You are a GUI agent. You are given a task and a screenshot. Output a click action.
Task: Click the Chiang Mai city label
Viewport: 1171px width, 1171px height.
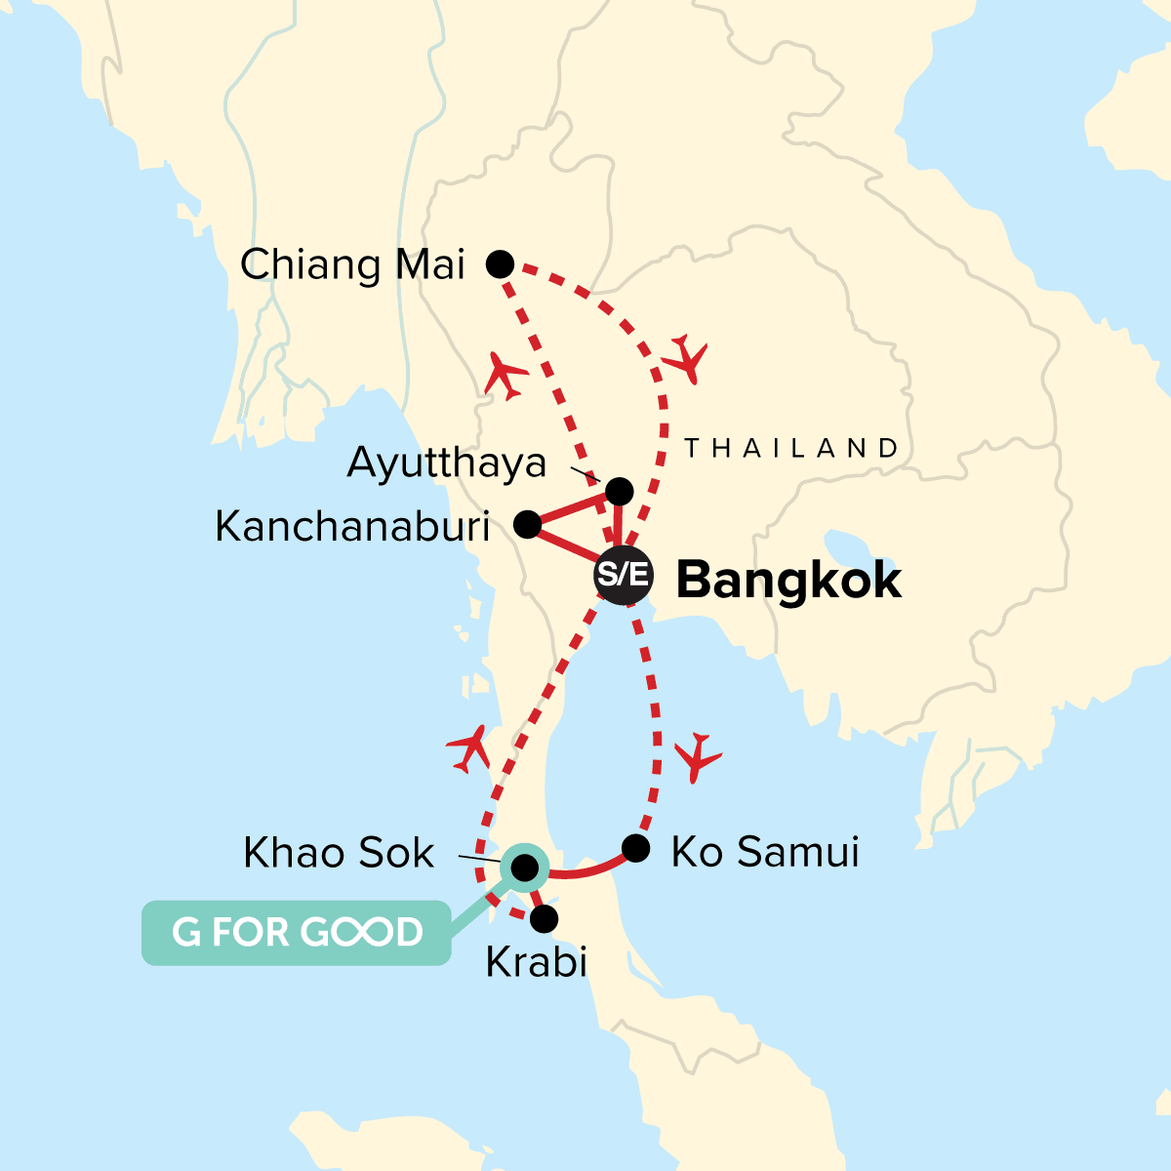(x=352, y=264)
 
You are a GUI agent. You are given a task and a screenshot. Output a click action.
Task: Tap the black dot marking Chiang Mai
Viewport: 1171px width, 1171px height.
(x=500, y=263)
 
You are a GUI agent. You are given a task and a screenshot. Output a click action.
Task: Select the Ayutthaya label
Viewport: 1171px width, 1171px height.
(x=446, y=463)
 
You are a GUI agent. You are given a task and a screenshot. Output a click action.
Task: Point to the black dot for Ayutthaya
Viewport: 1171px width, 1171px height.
(x=620, y=490)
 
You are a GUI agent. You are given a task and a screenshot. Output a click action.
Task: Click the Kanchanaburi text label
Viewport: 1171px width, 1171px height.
(x=352, y=527)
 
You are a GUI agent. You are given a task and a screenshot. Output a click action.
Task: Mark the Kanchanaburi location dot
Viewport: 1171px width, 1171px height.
(x=527, y=525)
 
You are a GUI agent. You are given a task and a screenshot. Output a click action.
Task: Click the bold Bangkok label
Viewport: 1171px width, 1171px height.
(x=788, y=581)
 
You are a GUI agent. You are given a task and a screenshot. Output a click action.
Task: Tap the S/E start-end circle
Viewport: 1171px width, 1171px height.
(x=623, y=575)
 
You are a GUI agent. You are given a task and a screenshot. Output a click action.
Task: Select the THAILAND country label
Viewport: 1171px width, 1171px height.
(x=790, y=449)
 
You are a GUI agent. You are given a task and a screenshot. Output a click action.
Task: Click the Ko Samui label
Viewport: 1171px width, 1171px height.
(x=765, y=852)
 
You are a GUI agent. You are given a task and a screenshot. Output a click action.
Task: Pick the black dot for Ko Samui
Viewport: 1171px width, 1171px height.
(x=635, y=848)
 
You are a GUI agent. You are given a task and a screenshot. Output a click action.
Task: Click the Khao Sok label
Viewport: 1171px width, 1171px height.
(x=339, y=853)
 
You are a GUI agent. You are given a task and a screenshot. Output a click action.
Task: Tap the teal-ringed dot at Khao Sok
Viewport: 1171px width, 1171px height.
(x=524, y=868)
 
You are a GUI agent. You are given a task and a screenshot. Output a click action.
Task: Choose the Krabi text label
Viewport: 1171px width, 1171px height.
(x=536, y=963)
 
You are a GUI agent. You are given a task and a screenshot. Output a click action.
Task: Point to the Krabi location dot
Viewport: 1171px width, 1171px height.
(x=544, y=918)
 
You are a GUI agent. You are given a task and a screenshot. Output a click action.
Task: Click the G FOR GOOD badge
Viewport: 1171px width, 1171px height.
(x=297, y=933)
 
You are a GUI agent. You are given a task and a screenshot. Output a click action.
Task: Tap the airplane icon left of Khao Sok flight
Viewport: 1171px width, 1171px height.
(x=469, y=748)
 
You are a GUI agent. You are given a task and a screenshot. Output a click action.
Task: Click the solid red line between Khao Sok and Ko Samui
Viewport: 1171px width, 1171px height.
(x=585, y=870)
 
